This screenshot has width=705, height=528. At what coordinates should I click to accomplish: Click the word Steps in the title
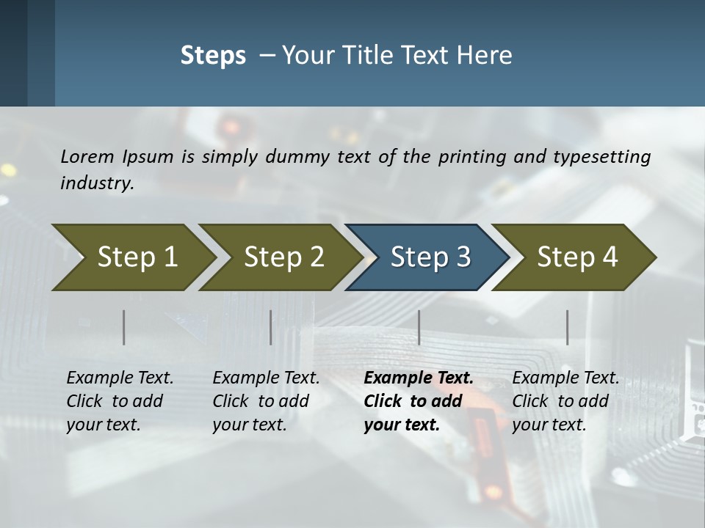coord(213,56)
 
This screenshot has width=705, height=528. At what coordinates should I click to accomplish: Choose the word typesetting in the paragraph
coord(601,157)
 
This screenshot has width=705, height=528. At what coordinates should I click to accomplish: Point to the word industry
coord(97,183)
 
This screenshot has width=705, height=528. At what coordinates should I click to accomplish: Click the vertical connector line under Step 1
coord(124,327)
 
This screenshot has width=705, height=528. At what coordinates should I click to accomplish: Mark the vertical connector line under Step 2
coord(271,327)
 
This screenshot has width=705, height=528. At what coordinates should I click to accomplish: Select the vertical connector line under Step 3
coord(419,327)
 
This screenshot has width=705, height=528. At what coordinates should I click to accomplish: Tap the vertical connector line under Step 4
coord(568,327)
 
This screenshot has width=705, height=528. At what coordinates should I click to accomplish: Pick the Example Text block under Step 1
coord(120,401)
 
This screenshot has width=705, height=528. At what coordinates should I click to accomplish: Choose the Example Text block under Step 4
coord(565,401)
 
